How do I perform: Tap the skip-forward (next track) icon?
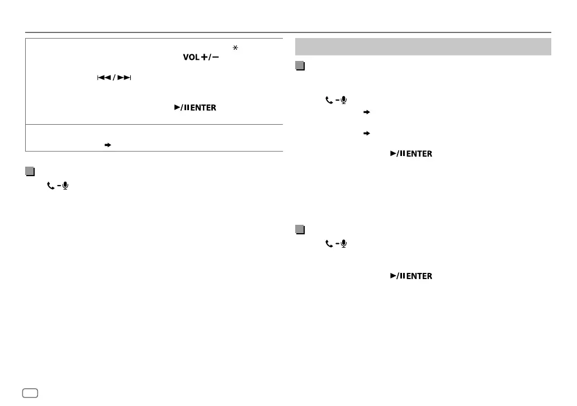click(125, 78)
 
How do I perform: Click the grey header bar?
click(423, 46)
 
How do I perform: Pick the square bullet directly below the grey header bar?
click(300, 66)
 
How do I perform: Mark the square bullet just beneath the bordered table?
click(30, 171)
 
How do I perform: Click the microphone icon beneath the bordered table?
click(64, 185)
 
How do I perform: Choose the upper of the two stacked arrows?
click(367, 112)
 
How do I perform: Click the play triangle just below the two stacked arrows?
click(392, 154)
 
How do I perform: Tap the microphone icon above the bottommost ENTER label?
click(343, 244)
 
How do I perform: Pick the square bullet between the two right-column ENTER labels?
click(300, 229)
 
